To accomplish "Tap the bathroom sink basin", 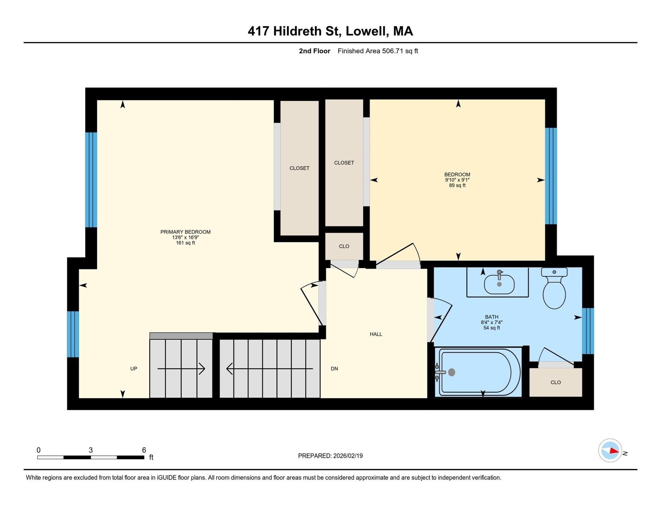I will (499, 284).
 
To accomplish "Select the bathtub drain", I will (452, 372).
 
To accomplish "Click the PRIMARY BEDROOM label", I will (185, 232).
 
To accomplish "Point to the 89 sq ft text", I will (457, 185).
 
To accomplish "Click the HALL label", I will (376, 334).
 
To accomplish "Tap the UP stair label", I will (134, 369).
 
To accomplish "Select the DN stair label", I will (334, 369).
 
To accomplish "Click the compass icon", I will (610, 450).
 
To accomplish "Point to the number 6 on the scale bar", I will (144, 450).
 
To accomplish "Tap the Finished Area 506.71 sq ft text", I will (378, 51).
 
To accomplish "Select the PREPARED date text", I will (330, 456).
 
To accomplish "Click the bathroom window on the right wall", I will (588, 331).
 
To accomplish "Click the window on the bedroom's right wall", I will (551, 176).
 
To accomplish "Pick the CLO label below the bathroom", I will (556, 382).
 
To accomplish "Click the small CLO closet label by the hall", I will (344, 246).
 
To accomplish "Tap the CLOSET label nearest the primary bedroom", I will (299, 168).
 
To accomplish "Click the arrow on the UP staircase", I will (181, 369).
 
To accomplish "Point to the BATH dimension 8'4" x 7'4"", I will (491, 322).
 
